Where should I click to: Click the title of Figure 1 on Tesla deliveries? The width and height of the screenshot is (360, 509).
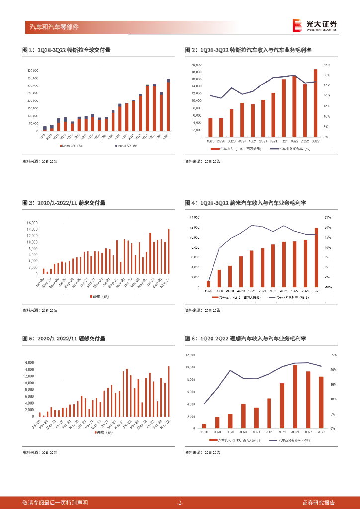pos(67,50)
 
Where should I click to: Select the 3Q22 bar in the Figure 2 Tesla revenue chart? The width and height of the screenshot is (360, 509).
pos(315,103)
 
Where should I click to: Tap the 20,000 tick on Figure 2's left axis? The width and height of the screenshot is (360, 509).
pos(196,65)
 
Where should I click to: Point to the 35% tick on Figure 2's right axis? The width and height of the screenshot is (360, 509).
pos(326,65)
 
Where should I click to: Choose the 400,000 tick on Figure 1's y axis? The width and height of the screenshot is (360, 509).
pos(32,71)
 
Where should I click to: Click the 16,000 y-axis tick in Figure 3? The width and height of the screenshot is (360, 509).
pos(32,223)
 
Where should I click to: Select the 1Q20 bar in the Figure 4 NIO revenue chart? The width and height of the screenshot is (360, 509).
pos(208,284)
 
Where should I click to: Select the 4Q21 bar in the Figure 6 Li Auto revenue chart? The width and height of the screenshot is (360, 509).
pos(295,397)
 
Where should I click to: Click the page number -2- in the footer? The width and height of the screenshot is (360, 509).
pos(180,502)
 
